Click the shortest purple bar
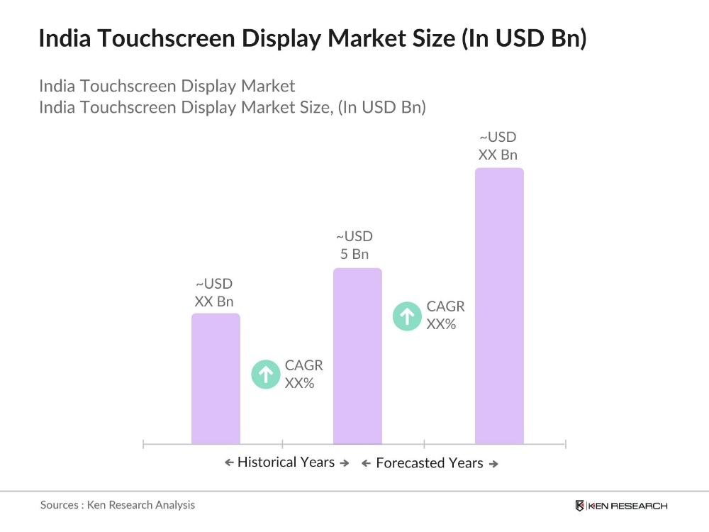(216, 379)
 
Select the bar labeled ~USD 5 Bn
(357, 356)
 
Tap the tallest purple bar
(499, 306)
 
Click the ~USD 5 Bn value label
(354, 245)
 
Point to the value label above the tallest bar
(498, 145)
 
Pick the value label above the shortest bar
(214, 292)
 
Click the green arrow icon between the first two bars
(266, 374)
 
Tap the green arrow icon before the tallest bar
(407, 316)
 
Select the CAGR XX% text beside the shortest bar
(303, 374)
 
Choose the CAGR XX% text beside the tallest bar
(445, 316)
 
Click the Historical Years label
(286, 462)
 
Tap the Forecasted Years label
(429, 463)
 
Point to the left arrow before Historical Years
(229, 463)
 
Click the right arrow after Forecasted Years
(493, 464)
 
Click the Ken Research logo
(621, 506)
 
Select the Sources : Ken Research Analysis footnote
(118, 505)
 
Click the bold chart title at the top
(313, 39)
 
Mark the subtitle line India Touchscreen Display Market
(167, 86)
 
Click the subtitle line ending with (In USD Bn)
(232, 108)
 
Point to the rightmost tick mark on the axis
(565, 444)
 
